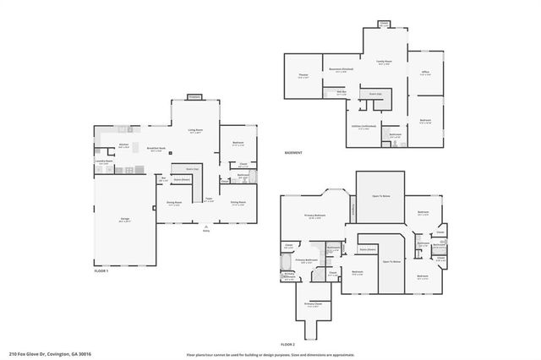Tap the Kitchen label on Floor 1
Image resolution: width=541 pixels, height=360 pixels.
[123, 145]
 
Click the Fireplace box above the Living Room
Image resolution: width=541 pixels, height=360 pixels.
[194, 97]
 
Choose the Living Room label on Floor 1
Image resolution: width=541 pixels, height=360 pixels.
[194, 130]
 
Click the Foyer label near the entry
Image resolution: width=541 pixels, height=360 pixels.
[207, 201]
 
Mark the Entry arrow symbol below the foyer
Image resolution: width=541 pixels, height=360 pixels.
[205, 226]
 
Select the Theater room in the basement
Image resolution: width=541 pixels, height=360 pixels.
[303, 75]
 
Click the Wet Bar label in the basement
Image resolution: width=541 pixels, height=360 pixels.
[342, 93]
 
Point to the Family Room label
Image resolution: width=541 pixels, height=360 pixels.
[383, 62]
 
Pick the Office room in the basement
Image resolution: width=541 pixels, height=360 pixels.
[425, 73]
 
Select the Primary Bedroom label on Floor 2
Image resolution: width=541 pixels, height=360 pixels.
[314, 216]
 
